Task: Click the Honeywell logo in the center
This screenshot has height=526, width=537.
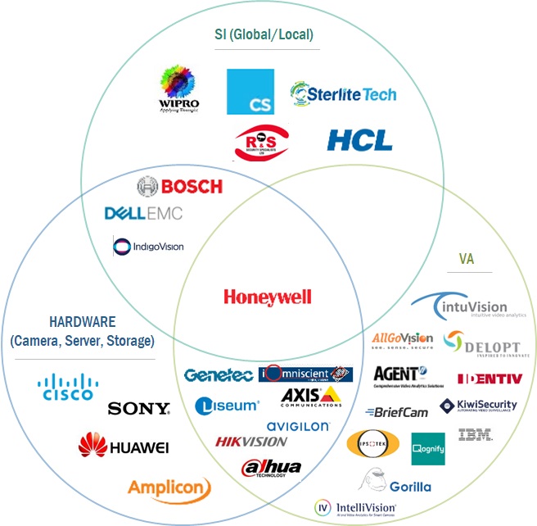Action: point(268,297)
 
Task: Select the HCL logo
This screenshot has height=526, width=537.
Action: point(359,139)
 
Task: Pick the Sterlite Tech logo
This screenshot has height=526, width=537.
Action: point(343,93)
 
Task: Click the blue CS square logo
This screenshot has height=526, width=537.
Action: point(249,92)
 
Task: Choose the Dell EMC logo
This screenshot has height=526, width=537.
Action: point(143,214)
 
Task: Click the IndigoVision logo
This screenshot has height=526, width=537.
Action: point(148,245)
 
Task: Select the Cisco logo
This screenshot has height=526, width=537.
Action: point(67,387)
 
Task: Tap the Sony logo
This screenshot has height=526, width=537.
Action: point(138,408)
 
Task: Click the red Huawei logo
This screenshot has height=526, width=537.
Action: point(124,446)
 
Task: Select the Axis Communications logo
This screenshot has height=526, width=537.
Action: point(311,397)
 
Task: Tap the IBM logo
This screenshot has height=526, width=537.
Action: point(476,435)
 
